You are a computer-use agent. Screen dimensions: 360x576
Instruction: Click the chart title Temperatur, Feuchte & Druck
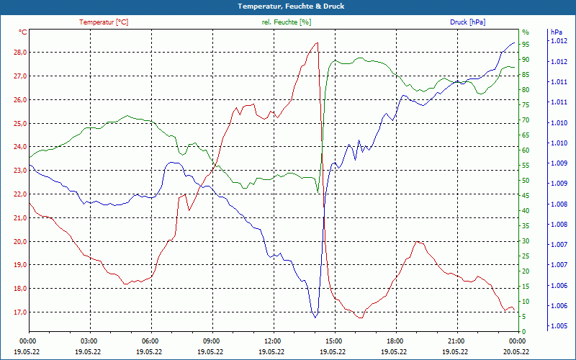(x=287, y=6)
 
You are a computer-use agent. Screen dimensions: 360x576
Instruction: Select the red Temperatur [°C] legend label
(x=104, y=22)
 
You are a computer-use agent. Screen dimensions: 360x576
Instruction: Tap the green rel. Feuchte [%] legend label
(x=286, y=22)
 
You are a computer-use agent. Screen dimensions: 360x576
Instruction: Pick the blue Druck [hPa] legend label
(x=467, y=22)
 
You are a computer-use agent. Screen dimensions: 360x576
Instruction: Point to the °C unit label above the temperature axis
(x=22, y=32)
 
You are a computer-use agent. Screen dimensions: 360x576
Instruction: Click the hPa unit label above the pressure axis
(x=556, y=32)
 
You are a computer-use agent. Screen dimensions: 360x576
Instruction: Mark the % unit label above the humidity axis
(x=526, y=32)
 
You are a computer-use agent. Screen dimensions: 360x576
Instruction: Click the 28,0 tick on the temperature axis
(x=19, y=53)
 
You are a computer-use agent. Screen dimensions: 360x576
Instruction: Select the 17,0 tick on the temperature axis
(x=19, y=312)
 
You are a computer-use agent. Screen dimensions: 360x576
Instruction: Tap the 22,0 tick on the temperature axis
(x=19, y=194)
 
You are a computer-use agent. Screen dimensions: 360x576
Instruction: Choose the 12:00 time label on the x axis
(x=273, y=341)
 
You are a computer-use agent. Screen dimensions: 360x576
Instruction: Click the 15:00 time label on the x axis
(x=333, y=341)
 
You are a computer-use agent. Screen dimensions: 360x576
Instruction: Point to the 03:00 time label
(x=89, y=341)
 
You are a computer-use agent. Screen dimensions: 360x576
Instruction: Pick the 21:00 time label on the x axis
(x=456, y=341)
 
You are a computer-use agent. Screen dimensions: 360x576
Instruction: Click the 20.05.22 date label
(x=516, y=352)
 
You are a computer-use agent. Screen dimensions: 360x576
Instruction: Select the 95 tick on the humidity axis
(x=526, y=44)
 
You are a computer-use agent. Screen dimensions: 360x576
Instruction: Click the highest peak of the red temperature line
(x=317, y=43)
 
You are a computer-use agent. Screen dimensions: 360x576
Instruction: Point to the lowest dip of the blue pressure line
(x=315, y=318)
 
